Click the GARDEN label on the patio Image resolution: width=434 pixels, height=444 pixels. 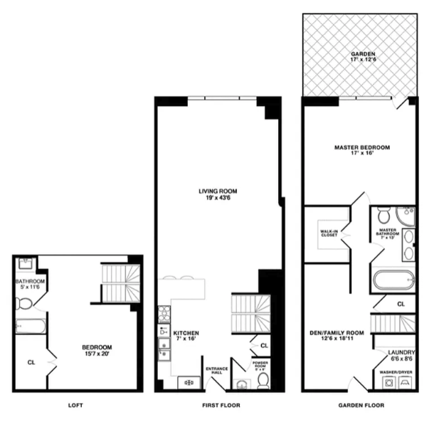pyautogui.click(x=362, y=54)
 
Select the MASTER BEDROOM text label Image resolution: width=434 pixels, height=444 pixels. pyautogui.click(x=362, y=147)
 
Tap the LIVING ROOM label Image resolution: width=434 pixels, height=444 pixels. pyautogui.click(x=217, y=191)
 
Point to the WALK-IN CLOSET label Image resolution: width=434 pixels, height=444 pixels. pyautogui.click(x=329, y=232)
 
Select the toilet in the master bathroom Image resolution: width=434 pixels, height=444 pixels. pyautogui.click(x=383, y=215)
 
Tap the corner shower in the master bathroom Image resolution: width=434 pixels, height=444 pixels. pyautogui.click(x=407, y=216)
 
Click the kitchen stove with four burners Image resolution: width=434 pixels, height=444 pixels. pyautogui.click(x=163, y=313)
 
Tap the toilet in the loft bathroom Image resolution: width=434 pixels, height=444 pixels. pyautogui.click(x=25, y=304)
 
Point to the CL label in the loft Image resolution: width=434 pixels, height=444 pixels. pyautogui.click(x=31, y=362)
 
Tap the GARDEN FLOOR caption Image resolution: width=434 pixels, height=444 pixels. pyautogui.click(x=362, y=405)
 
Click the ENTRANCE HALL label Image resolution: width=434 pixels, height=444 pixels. pyautogui.click(x=216, y=370)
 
